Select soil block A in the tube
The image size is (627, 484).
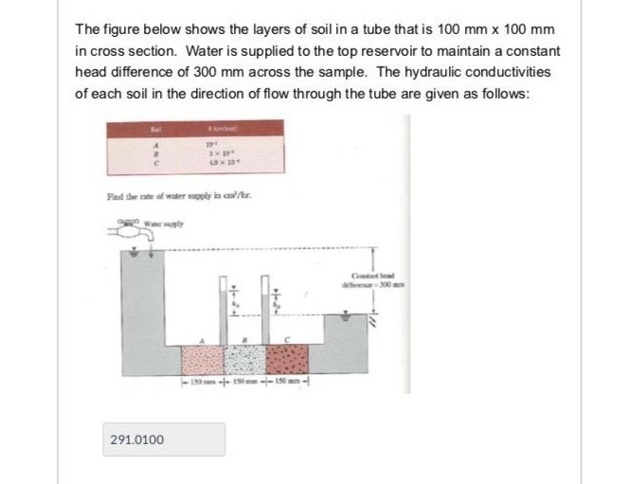201,359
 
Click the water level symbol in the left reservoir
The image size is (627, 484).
136,256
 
